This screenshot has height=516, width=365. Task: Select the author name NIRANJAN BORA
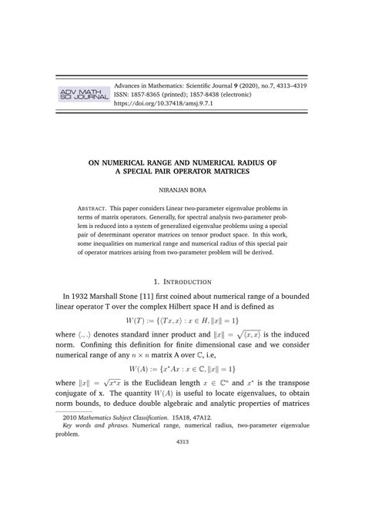(182, 188)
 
